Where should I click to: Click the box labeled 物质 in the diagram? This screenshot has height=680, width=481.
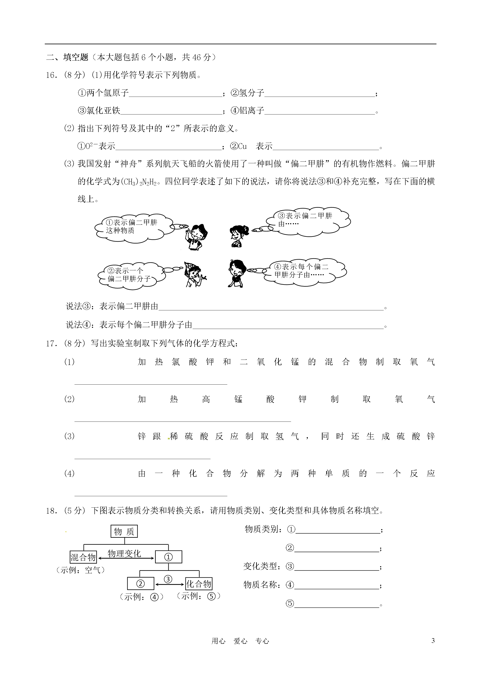click(x=124, y=532)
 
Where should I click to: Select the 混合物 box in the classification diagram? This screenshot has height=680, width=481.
click(x=83, y=557)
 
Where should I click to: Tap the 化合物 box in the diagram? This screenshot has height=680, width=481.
click(x=199, y=584)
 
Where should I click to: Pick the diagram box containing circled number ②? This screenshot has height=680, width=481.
click(x=140, y=584)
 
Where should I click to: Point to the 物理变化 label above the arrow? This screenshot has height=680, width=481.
click(x=124, y=553)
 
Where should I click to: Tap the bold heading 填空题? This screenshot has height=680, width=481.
click(x=76, y=57)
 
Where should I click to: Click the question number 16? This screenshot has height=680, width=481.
click(x=51, y=75)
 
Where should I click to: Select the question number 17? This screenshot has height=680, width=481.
click(x=51, y=343)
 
